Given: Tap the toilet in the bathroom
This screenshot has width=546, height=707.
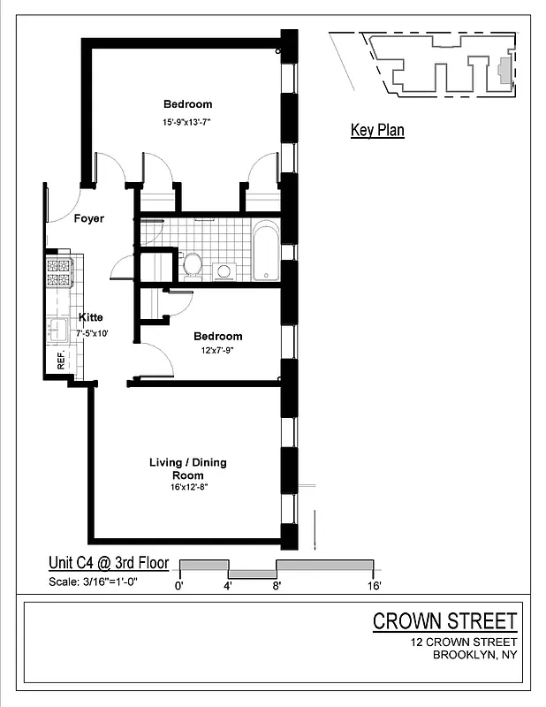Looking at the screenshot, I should pyautogui.click(x=191, y=263).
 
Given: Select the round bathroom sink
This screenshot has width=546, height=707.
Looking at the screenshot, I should pyautogui.click(x=224, y=271).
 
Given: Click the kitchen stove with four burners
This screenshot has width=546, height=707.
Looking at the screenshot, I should pyautogui.click(x=58, y=272).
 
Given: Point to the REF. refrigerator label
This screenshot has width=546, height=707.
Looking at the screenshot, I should pyautogui.click(x=62, y=361).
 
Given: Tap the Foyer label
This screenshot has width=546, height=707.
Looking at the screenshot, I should pyautogui.click(x=88, y=218).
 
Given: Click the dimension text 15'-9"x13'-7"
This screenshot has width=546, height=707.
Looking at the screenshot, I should pyautogui.click(x=186, y=122).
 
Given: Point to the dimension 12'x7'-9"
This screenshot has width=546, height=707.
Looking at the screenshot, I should pyautogui.click(x=217, y=350).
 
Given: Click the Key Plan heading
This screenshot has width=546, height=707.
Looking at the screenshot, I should pyautogui.click(x=377, y=131).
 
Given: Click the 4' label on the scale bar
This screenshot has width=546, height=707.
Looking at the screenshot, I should pyautogui.click(x=227, y=585).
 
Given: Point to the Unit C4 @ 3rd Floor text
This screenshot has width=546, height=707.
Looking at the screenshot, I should pyautogui.click(x=109, y=562).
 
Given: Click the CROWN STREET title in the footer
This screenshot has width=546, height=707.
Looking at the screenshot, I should pyautogui.click(x=444, y=620).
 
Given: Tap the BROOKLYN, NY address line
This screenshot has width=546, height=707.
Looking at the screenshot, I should pyautogui.click(x=474, y=655).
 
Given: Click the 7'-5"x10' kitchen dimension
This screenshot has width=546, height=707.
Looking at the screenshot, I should pyautogui.click(x=93, y=332).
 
